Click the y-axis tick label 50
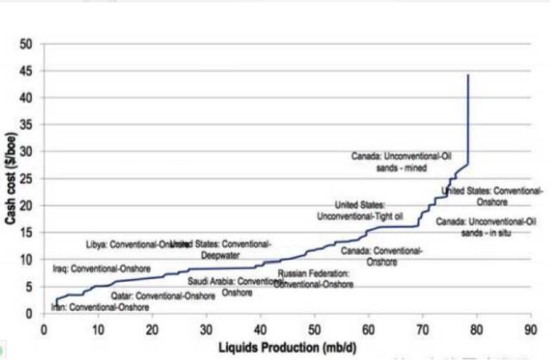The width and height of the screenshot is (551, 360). [26, 43]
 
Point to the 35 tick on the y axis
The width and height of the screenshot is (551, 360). [26, 124]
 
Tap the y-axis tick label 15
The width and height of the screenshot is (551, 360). [26, 232]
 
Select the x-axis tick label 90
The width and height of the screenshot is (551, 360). [531, 327]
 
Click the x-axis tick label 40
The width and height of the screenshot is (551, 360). [260, 327]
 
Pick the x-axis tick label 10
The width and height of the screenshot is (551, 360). [97, 327]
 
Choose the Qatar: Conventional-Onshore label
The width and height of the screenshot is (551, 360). [163, 295]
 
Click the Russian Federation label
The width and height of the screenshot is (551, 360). [314, 277]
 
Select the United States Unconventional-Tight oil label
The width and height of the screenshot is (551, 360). [361, 209]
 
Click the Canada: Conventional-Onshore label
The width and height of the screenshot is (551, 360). [381, 256]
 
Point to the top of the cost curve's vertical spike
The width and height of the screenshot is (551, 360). [467, 76]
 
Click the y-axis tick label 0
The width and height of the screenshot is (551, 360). [29, 313]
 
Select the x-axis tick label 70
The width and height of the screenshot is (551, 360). [423, 327]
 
